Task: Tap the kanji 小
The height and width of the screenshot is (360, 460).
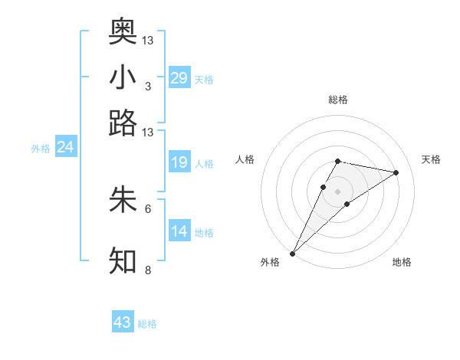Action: click(123, 77)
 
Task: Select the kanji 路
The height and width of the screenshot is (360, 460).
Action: click(123, 123)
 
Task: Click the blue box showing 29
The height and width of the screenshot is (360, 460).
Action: click(179, 78)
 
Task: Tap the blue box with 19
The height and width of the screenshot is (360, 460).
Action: click(179, 162)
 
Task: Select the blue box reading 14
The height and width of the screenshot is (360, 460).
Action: click(179, 231)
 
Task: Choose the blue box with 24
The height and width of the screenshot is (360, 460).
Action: click(65, 147)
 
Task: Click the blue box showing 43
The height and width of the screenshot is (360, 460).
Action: click(123, 322)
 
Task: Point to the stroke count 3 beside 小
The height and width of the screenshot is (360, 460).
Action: click(147, 86)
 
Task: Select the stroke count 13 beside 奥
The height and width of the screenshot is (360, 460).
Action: click(148, 40)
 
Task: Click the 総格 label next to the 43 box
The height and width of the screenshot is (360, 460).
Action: click(147, 324)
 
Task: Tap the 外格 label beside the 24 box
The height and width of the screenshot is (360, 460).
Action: click(41, 149)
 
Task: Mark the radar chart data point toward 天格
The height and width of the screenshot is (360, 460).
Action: click(396, 172)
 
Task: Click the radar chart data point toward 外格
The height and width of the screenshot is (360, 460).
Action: click(293, 252)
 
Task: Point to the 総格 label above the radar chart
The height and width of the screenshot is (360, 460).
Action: click(337, 100)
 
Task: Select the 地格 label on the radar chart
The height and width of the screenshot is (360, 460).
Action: click(402, 262)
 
